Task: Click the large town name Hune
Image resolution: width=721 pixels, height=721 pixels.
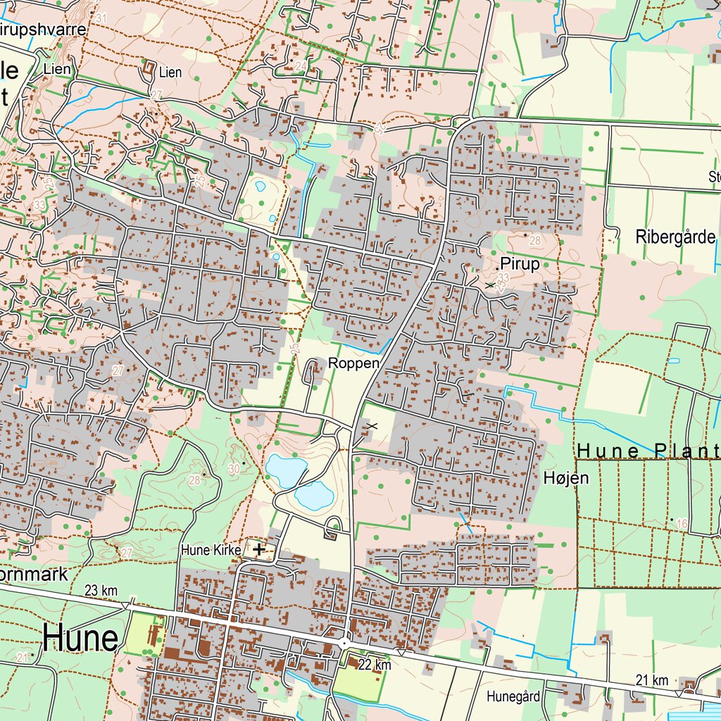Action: point(80,638)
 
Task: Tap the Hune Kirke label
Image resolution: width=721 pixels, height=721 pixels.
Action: point(211,549)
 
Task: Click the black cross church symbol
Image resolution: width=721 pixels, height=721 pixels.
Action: point(260,548)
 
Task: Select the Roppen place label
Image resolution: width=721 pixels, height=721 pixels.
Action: point(353,364)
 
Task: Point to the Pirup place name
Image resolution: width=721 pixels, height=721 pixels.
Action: point(520,265)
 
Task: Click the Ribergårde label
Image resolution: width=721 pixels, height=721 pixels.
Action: point(675,237)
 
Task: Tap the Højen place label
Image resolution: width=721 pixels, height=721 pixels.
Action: point(566,479)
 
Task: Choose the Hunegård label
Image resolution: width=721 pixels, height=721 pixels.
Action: point(513,697)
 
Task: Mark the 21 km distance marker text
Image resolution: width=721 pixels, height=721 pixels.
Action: point(651,679)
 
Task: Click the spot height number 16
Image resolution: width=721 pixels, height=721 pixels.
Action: point(681,522)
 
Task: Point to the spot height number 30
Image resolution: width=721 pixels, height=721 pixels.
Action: point(234,469)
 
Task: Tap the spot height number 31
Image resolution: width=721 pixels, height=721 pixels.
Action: point(101,18)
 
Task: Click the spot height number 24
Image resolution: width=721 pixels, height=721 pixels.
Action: point(301,66)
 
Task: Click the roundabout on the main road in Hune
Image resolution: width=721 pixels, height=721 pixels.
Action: point(344,644)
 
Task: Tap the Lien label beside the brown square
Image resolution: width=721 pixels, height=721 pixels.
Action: point(170,72)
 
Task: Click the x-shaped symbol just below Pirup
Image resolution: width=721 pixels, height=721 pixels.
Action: point(490,284)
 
